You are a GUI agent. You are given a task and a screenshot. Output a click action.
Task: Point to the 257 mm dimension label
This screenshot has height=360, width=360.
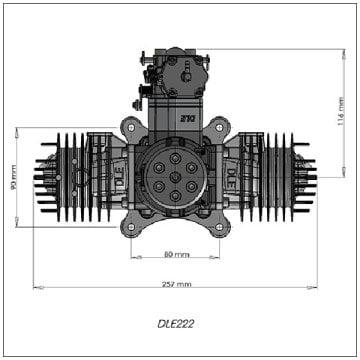tap(176, 285)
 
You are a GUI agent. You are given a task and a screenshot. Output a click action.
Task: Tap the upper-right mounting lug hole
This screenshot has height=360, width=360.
tap(221, 126)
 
